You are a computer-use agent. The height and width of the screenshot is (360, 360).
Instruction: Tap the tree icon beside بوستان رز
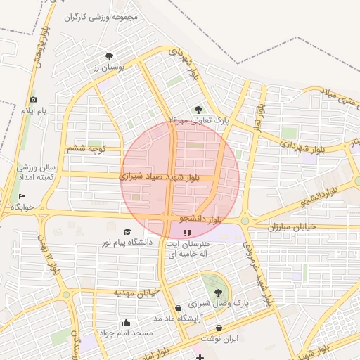point(109,56)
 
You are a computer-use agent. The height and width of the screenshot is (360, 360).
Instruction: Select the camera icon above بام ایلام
point(32,100)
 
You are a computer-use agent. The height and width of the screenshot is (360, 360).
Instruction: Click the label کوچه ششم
point(86,148)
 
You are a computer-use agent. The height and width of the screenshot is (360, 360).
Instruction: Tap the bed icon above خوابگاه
point(22,196)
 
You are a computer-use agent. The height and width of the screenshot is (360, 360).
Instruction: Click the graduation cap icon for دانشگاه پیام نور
point(127,231)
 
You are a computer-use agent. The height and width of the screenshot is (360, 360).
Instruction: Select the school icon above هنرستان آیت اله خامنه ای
point(186,233)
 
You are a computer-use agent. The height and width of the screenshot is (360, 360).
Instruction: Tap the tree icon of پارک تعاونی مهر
point(198,109)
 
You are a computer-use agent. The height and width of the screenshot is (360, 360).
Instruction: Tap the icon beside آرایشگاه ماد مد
point(177,308)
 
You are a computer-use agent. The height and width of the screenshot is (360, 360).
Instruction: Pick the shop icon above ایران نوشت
point(219,328)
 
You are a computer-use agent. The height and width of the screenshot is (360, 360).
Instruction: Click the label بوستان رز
point(108,67)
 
